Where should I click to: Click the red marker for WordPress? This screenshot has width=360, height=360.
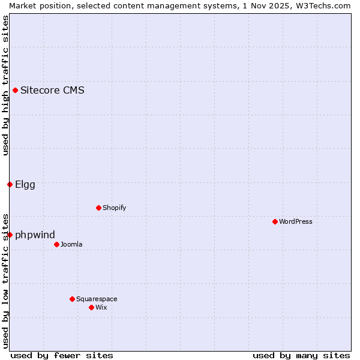[x=275, y=221]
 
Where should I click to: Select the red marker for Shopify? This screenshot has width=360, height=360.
[x=98, y=208]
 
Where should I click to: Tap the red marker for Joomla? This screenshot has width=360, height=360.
[x=56, y=244]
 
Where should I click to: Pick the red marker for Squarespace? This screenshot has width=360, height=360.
[x=72, y=299]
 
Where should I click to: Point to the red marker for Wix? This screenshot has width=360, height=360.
[x=91, y=307]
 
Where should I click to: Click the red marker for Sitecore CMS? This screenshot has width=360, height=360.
[x=15, y=91]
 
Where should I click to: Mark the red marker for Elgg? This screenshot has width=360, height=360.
[x=10, y=184]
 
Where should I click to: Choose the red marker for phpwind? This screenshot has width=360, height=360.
[x=10, y=235]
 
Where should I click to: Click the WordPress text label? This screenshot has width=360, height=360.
[x=296, y=221]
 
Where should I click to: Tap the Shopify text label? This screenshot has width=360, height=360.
[x=114, y=208]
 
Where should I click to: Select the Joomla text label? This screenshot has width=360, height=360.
[x=71, y=244]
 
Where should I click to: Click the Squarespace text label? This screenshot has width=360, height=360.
[x=97, y=299]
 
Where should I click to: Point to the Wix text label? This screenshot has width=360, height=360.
[x=101, y=307]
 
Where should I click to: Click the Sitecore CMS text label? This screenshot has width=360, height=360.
[x=52, y=91]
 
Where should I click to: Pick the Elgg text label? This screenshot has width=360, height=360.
[x=25, y=184]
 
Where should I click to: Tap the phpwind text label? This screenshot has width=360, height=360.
[x=35, y=235]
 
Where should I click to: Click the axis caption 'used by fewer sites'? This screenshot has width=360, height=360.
[x=62, y=355]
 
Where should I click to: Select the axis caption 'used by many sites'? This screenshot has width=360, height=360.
[x=301, y=355]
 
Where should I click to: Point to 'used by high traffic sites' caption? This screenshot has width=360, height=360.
[x=5, y=85]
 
